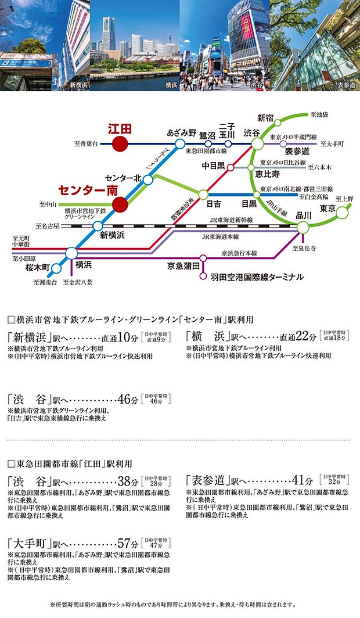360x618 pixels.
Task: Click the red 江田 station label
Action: pos(120,128)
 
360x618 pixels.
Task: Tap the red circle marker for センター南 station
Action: pos(120,204)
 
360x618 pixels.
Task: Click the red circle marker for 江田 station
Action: pos(120,143)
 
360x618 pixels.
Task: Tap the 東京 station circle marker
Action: pos(343,213)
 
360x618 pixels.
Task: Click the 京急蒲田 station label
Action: pos(183,265)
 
